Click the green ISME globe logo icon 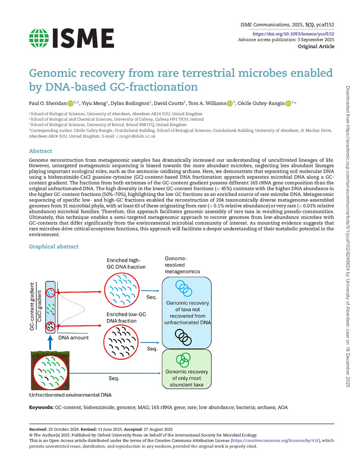click(39, 38)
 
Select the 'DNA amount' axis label click(73, 338)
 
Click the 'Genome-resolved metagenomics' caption click(182, 265)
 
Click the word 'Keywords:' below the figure click(41, 407)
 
